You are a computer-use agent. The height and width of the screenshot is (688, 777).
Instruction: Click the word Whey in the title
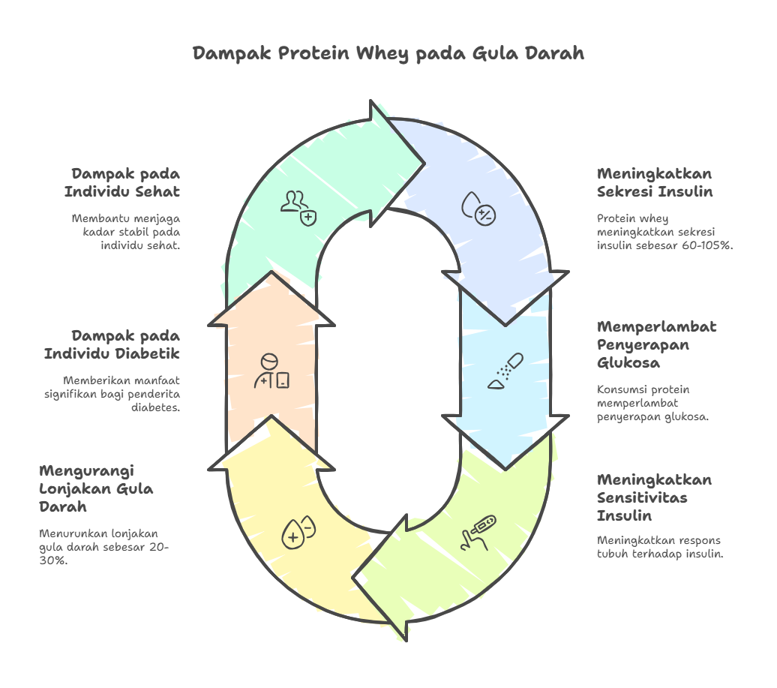pos(382,54)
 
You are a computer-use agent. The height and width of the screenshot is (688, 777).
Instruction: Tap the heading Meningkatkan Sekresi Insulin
pos(655,182)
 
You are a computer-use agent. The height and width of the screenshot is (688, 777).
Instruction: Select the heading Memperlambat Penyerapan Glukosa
pos(656,344)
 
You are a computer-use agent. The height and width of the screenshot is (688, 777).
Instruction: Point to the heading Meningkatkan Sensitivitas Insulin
pos(654,497)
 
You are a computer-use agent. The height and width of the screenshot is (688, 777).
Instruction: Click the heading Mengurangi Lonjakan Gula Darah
pos(96,488)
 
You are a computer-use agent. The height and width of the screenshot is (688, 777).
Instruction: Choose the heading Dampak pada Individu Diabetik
pos(111,344)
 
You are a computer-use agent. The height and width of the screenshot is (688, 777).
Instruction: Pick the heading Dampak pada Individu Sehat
pos(121,182)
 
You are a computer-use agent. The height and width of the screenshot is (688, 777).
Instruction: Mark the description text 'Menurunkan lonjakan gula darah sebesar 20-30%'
pos(103,546)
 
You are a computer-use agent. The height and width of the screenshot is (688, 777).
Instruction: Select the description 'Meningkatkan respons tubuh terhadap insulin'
pos(659,547)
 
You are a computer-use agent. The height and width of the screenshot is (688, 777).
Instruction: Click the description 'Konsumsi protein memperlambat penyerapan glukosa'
pos(652,403)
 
